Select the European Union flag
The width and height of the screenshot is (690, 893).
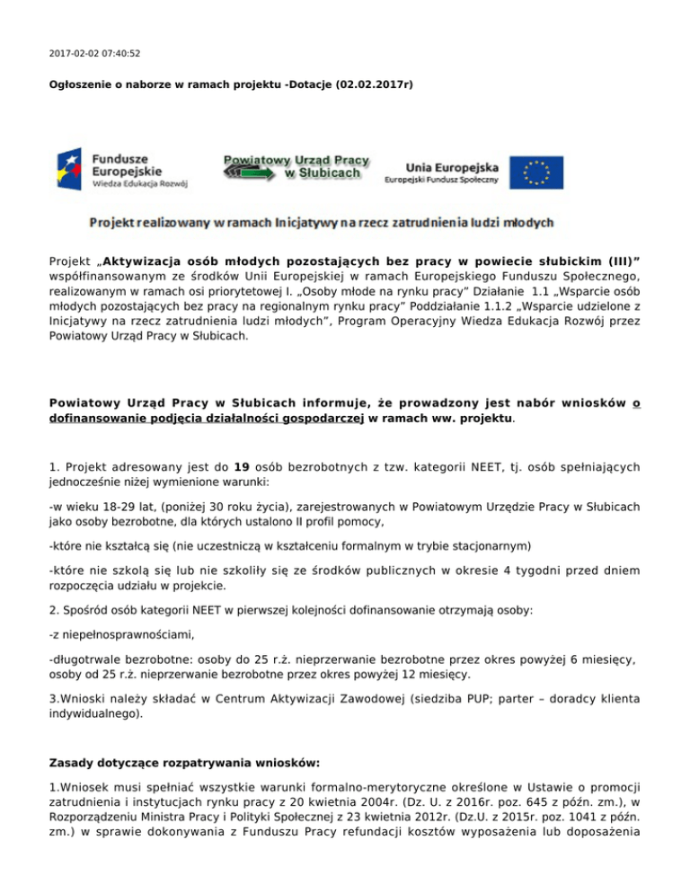537,172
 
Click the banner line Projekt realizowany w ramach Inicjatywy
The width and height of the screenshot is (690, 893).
320,221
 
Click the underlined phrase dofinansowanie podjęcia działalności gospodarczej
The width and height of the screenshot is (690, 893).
206,418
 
